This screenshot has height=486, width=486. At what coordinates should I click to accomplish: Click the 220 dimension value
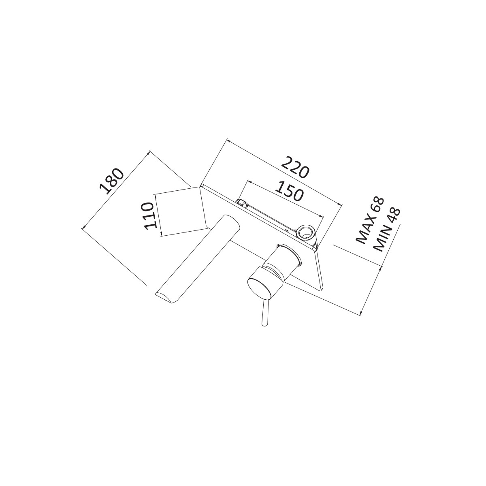click(295, 167)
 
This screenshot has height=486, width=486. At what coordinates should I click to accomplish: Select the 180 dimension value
click(111, 181)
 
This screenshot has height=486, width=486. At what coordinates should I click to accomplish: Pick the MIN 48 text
click(386, 230)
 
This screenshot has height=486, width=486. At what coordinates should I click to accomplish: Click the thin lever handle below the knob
click(265, 313)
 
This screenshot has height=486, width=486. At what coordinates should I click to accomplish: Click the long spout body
click(198, 259)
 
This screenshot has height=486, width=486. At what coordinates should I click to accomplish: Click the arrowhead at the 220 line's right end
click(340, 206)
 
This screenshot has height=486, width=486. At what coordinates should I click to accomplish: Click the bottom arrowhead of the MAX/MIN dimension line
click(361, 313)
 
